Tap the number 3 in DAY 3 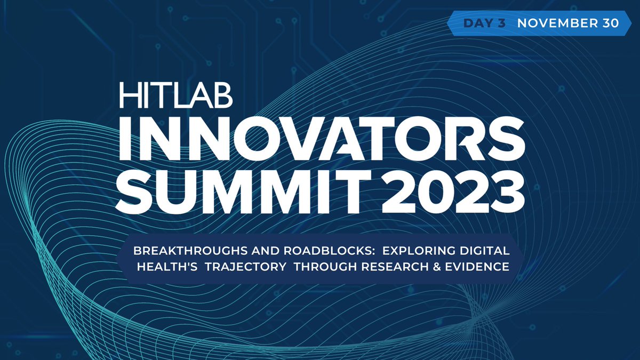(x=501, y=23)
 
